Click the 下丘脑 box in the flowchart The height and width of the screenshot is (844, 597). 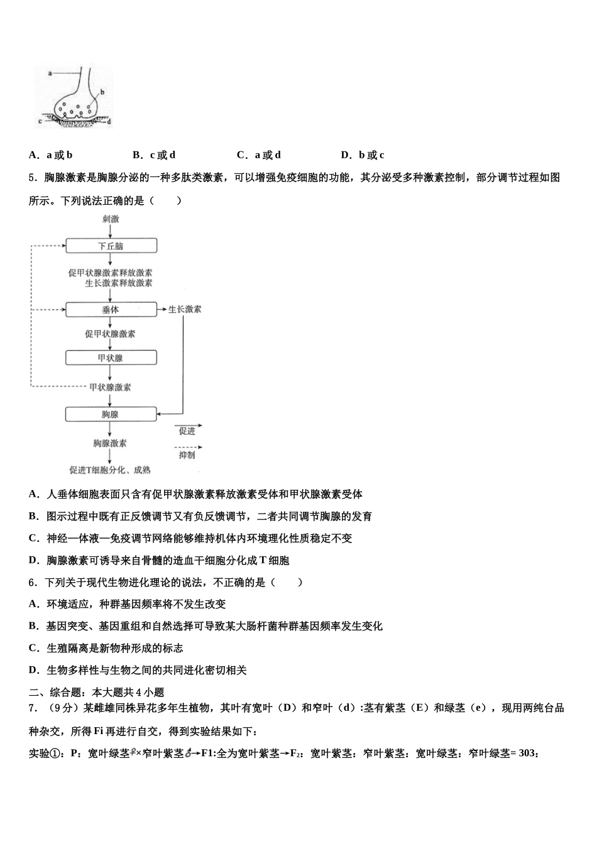[111, 246]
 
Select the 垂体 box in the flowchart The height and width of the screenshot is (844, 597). [111, 310]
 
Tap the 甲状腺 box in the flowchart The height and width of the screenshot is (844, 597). [111, 358]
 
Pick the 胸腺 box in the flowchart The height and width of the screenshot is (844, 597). [111, 414]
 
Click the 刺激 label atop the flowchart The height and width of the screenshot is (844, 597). [111, 219]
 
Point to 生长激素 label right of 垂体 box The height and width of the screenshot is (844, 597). [185, 310]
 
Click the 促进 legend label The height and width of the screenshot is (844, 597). [187, 431]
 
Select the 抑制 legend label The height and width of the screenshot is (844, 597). [187, 455]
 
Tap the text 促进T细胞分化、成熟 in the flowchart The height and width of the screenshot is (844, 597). [111, 470]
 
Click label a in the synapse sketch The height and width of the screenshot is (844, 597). [50, 73]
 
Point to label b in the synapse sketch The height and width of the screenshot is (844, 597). [102, 92]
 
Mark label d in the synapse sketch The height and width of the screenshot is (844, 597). [109, 122]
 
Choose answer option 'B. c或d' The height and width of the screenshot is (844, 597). [154, 155]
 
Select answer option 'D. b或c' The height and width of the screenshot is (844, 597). [363, 155]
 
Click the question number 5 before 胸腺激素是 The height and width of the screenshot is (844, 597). [32, 178]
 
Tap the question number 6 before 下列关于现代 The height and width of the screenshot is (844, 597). [32, 582]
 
